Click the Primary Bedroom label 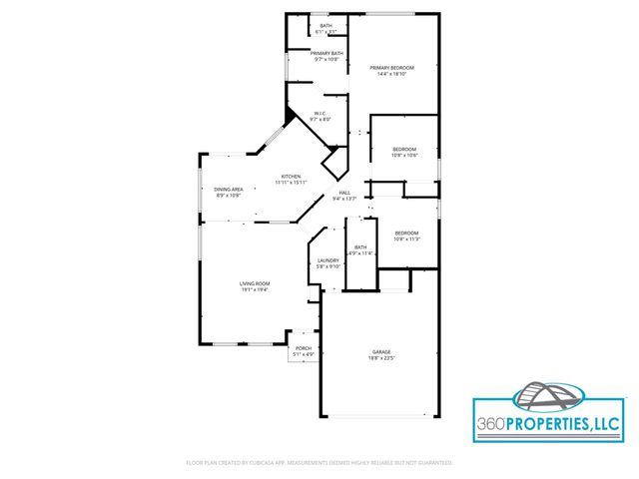click(x=395, y=67)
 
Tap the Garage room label click(x=380, y=352)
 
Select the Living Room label click(x=255, y=283)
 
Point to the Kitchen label click(x=291, y=177)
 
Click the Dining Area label click(x=229, y=189)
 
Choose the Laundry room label click(x=328, y=260)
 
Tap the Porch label click(x=304, y=348)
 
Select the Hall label click(x=344, y=193)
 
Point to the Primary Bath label click(x=326, y=53)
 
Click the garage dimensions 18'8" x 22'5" click(x=380, y=358)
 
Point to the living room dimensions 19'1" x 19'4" click(x=255, y=289)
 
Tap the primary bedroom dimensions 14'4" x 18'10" click(x=395, y=73)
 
